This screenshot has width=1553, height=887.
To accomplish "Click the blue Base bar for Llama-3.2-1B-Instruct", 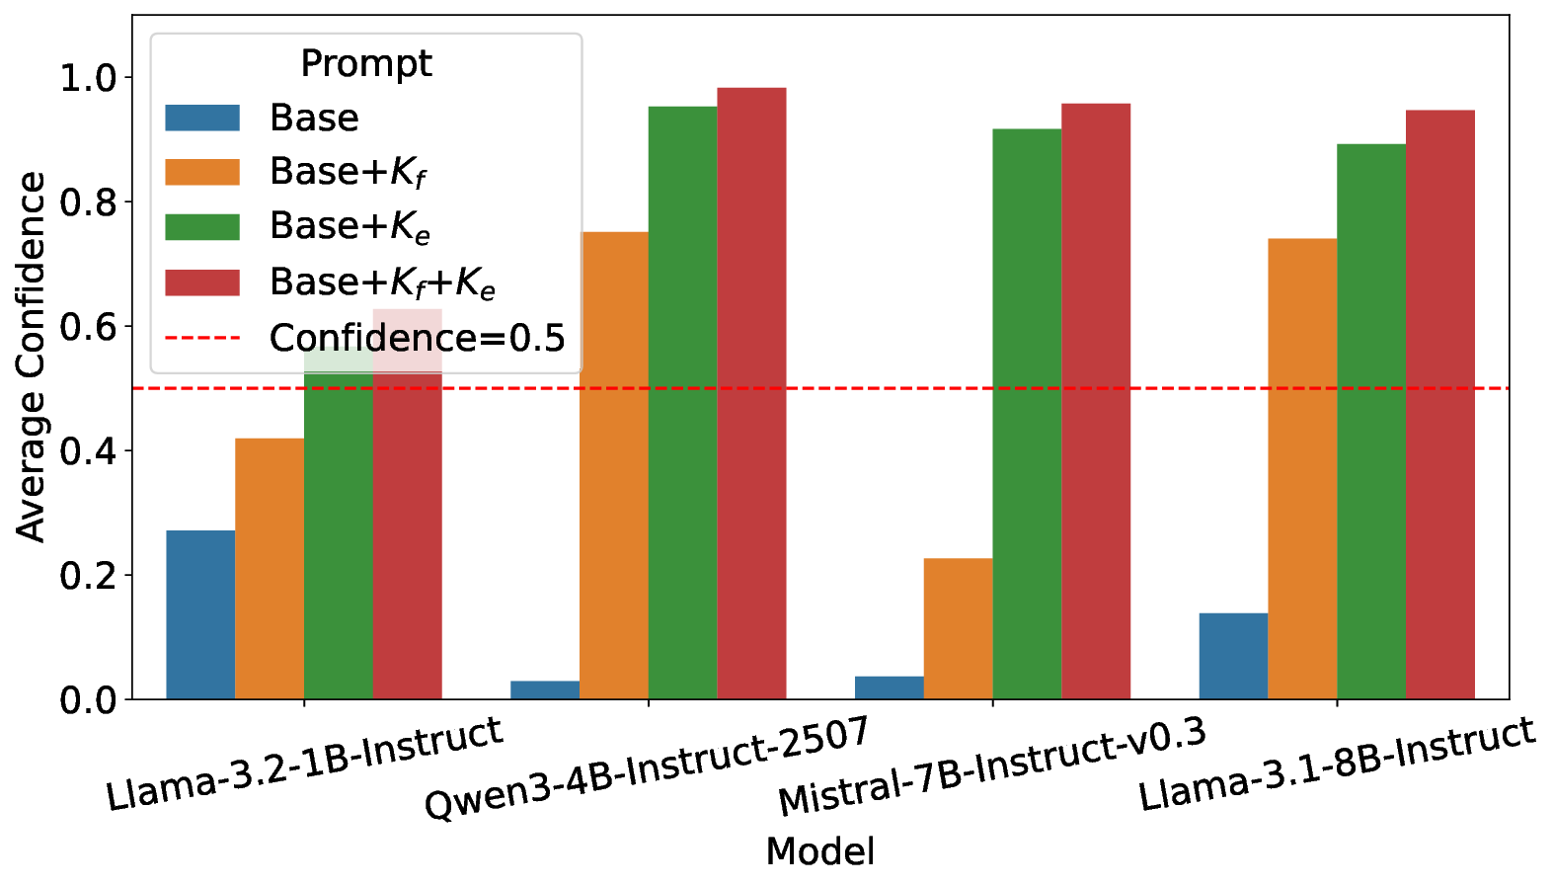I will click(200, 614).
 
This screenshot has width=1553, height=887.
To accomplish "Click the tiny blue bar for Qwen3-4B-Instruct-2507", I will click(545, 690).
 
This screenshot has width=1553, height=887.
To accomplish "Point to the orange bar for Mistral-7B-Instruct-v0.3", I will click(958, 629).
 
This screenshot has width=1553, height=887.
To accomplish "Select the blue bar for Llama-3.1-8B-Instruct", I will click(1233, 656).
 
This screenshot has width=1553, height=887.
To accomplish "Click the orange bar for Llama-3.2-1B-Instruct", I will click(270, 569).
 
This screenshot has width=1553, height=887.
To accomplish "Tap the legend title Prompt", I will click(365, 63).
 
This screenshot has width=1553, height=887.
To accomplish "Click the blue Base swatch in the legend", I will click(202, 118).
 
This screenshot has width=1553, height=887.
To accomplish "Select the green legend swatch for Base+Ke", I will click(202, 227).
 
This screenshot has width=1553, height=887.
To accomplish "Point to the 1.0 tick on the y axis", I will click(89, 78).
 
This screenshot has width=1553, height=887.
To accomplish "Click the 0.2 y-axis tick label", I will click(89, 575).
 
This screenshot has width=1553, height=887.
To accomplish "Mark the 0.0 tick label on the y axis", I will click(89, 700).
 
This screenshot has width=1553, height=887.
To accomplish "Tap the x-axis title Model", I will click(819, 851).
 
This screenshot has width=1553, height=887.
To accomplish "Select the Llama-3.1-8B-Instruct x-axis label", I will click(1337, 766).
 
